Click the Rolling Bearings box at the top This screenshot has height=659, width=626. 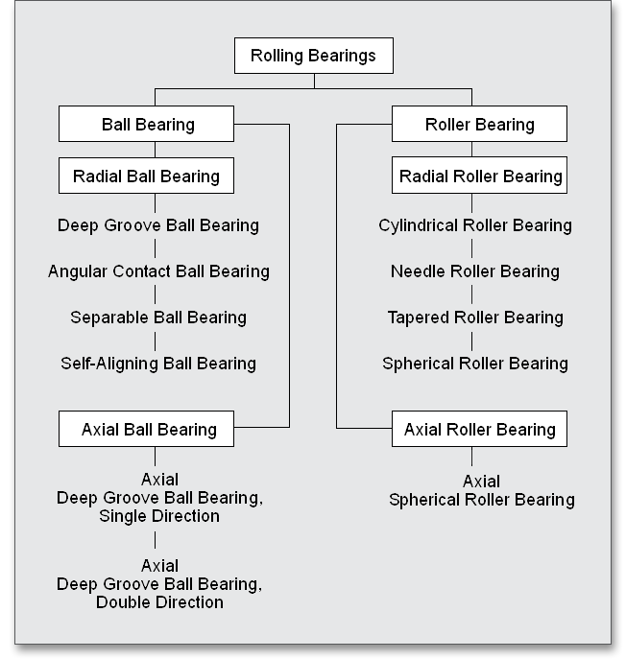[x=313, y=56]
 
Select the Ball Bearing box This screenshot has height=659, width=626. [x=147, y=125]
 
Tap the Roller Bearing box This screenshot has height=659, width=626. [x=479, y=125]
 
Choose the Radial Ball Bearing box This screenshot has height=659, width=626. [x=147, y=177]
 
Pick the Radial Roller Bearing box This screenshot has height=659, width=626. [x=479, y=177]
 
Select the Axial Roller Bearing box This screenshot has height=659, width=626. [x=479, y=429]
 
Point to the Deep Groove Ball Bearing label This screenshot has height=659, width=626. [x=158, y=226]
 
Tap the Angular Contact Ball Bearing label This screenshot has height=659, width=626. [x=158, y=271]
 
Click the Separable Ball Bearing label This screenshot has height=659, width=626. [x=158, y=318]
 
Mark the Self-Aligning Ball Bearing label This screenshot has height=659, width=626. [x=158, y=364]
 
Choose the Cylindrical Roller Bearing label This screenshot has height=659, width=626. [x=475, y=226]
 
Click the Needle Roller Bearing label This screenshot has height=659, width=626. [x=475, y=271]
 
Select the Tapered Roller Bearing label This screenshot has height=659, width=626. [x=475, y=318]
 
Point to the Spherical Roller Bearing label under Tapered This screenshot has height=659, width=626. [x=475, y=364]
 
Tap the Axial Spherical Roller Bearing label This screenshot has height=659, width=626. [x=481, y=491]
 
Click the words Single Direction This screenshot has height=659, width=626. [x=159, y=516]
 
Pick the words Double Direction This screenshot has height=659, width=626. [x=159, y=602]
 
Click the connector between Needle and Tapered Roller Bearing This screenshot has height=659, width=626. [x=471, y=294]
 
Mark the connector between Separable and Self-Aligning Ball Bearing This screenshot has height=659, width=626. [x=156, y=341]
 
